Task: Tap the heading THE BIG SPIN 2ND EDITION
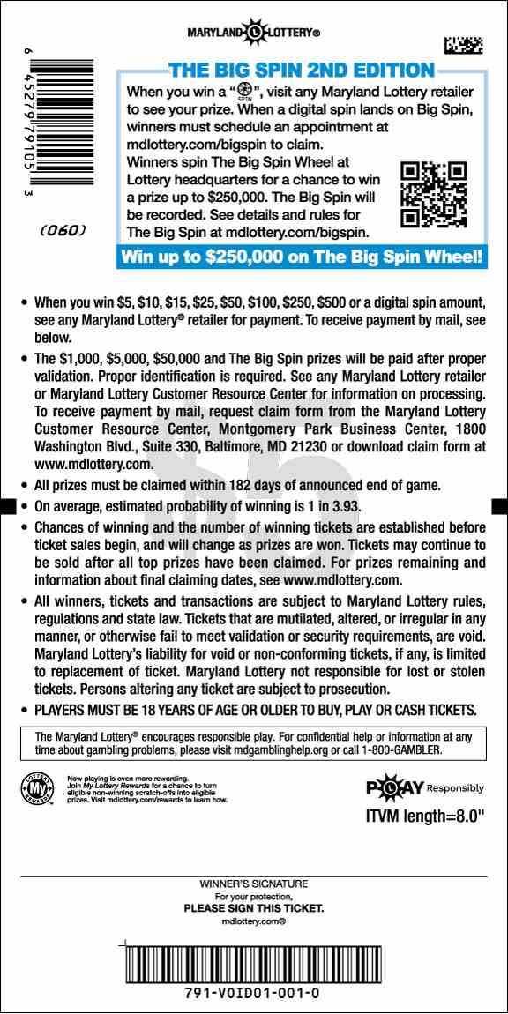pyautogui.click(x=302, y=71)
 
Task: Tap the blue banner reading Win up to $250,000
pyautogui.click(x=302, y=257)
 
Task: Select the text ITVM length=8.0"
pyautogui.click(x=425, y=817)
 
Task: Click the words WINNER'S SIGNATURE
pyautogui.click(x=254, y=884)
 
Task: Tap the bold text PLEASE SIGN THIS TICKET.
pyautogui.click(x=254, y=908)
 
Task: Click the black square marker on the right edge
pyautogui.click(x=499, y=505)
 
